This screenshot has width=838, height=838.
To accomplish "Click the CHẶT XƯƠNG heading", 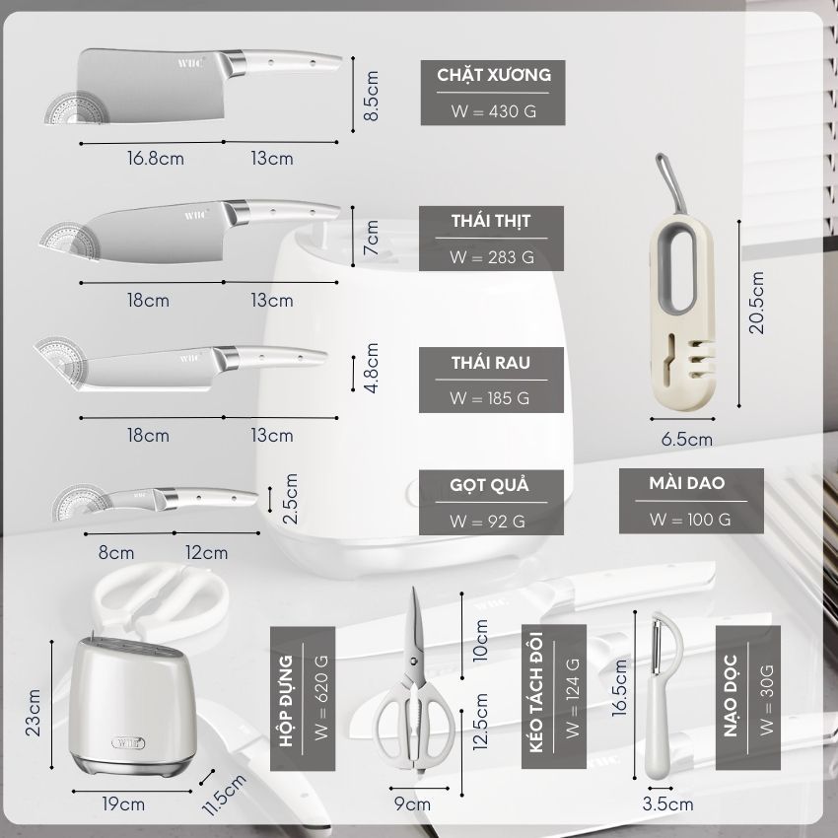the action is tap(494, 75).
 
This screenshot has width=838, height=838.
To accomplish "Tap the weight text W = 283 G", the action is tap(492, 257).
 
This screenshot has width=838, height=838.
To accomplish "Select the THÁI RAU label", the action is tap(491, 363).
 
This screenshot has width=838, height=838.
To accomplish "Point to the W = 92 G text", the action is tap(487, 522).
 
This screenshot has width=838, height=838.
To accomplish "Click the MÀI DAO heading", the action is tap(687, 483).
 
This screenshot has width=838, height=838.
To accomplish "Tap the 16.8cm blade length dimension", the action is tap(156, 158).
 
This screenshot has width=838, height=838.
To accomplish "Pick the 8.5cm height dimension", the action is tap(371, 96).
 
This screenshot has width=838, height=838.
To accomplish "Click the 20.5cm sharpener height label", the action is tap(756, 303).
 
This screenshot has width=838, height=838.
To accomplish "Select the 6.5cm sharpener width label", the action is tap(687, 440).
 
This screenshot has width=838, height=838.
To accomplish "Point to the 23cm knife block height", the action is tap(34, 713).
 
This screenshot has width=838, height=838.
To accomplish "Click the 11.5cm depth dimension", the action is tap(224, 795).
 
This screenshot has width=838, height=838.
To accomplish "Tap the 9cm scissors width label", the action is tap(412, 803).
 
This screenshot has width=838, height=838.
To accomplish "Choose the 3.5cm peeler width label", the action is tap(667, 803).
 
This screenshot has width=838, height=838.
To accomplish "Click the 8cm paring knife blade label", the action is tap(116, 552).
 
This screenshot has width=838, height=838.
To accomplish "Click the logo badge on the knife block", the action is tap(128, 742).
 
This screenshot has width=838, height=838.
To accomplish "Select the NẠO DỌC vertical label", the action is tap(732, 696).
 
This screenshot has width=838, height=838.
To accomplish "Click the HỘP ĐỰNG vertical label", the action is tap(286, 701).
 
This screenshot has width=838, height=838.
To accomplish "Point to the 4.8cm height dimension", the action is tap(371, 369).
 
